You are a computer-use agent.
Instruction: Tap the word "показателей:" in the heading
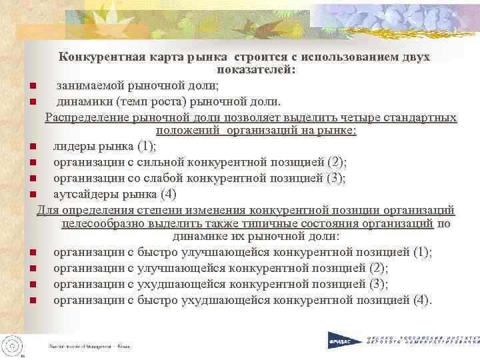pos(257,70)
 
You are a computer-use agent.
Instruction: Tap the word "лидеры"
pos(72,146)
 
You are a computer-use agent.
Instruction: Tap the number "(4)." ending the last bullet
pos(422,300)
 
